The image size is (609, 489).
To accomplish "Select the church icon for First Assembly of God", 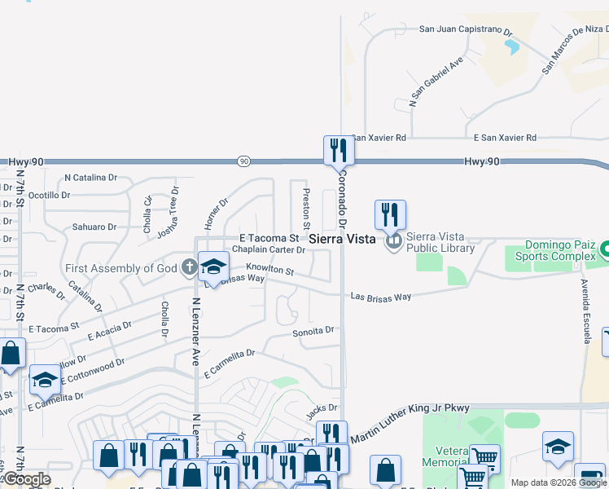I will (189, 267).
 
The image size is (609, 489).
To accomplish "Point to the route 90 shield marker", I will (243, 161).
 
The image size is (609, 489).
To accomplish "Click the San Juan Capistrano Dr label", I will (465, 29).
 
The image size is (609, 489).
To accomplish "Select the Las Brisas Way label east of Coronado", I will (380, 297).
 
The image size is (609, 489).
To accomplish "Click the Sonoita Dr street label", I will (313, 331).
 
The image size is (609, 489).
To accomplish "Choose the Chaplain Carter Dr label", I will (269, 249).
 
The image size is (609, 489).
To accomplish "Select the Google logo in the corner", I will (26, 479).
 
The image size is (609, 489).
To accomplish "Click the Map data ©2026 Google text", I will (559, 482).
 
